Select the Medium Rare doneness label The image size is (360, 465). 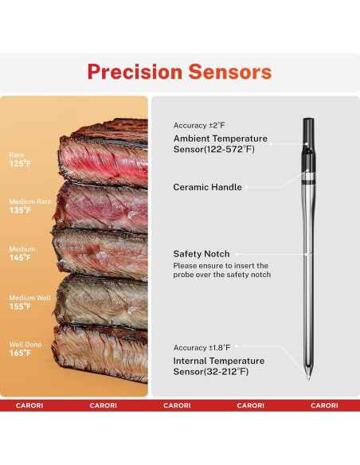tap(30, 201)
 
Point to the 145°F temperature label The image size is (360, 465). tap(21, 258)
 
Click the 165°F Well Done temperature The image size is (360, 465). tap(21, 353)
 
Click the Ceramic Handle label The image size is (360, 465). tap(207, 187)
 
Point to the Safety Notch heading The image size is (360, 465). tap(202, 254)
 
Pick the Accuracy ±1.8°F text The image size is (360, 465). tap(202, 348)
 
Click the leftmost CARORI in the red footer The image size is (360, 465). tap(29, 405)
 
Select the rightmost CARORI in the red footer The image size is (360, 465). tap(324, 405)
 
